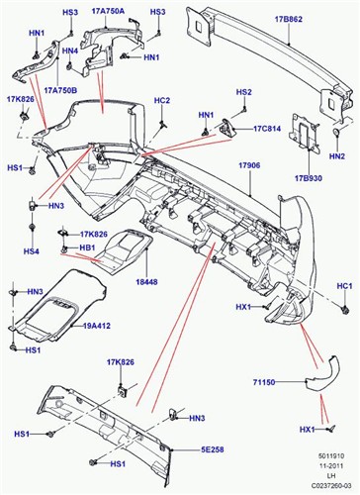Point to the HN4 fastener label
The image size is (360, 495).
(69, 49)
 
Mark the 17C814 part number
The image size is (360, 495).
(268, 128)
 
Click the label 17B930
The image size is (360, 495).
(308, 178)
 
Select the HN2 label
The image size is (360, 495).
(337, 156)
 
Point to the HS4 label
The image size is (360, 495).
(32, 251)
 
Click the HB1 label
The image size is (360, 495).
(87, 247)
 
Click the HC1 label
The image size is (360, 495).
(344, 286)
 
